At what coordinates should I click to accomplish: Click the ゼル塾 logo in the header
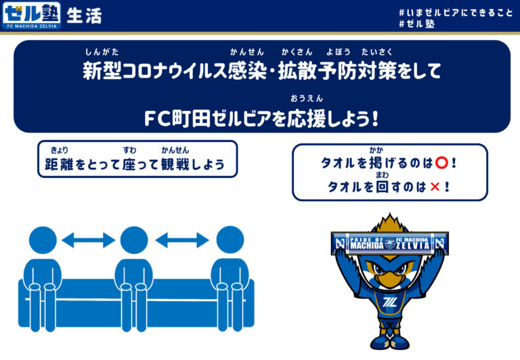(x=31, y=15)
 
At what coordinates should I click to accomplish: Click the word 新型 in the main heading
(x=97, y=71)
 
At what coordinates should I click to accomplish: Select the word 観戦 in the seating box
(x=174, y=164)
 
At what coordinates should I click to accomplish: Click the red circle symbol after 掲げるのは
(x=441, y=163)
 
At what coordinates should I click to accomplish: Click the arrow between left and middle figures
(x=88, y=240)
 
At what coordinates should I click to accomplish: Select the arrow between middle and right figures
(x=181, y=240)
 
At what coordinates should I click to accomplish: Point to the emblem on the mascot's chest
(x=391, y=301)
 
